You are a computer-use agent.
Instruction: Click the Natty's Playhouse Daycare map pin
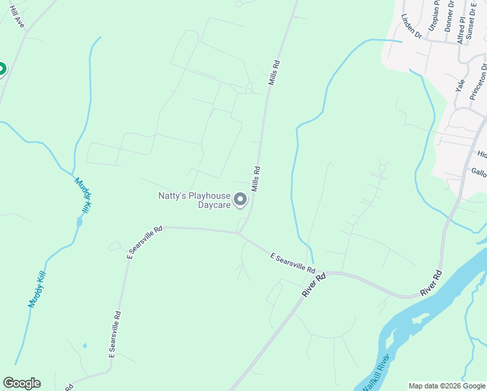[240, 199]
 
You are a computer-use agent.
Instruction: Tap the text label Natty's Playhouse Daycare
[195, 200]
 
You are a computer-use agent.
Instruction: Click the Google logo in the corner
[21, 383]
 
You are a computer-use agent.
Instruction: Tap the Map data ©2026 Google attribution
[447, 386]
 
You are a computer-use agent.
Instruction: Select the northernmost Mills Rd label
[275, 73]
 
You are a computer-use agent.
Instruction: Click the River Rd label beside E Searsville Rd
[313, 286]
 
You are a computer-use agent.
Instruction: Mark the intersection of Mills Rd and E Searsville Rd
[240, 233]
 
